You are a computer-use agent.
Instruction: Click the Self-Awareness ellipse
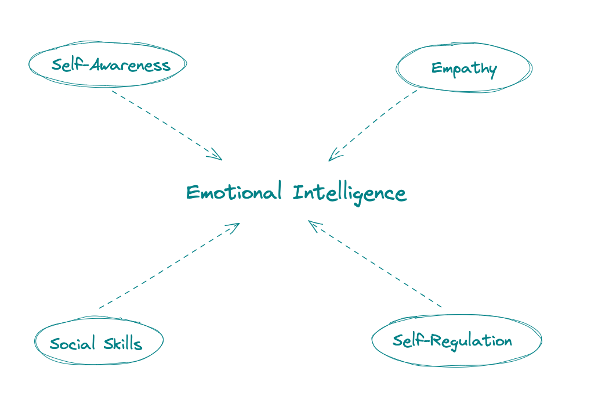[108, 64]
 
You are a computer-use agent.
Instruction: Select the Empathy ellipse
[464, 68]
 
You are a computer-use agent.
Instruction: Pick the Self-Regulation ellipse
[456, 340]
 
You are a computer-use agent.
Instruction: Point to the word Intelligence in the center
[350, 193]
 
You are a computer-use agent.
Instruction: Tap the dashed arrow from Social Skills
[168, 266]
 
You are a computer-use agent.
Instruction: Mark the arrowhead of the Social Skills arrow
[235, 226]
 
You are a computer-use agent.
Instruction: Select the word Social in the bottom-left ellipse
[72, 344]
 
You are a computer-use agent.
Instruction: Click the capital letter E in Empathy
[436, 69]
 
